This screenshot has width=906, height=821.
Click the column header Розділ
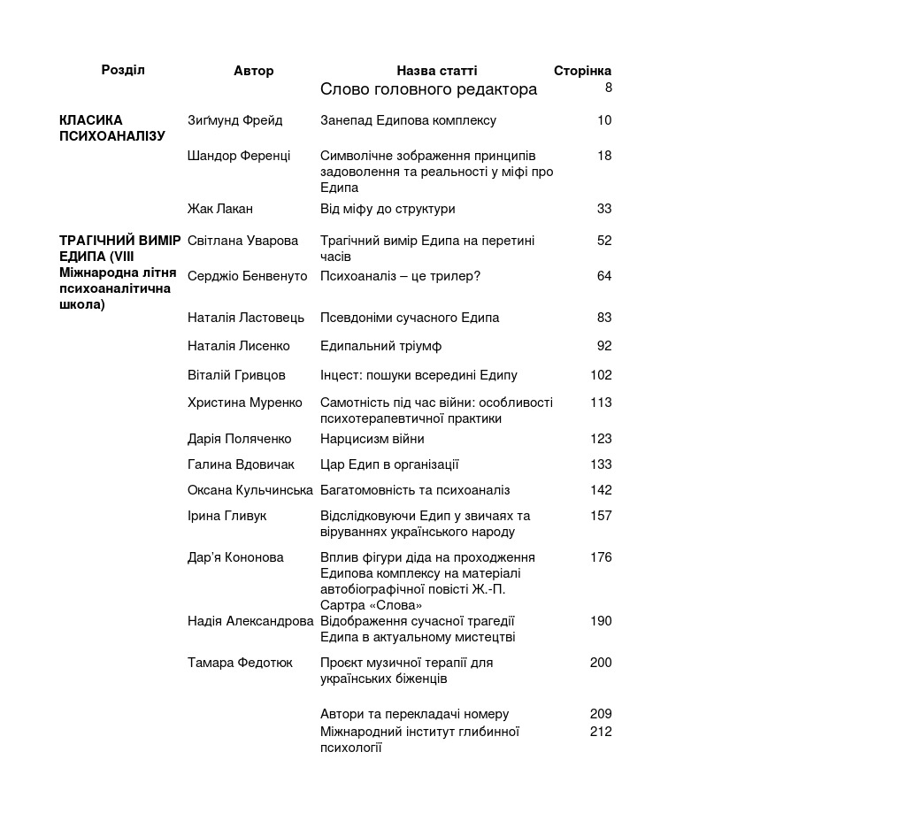[x=123, y=70]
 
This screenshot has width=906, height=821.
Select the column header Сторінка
[x=582, y=71]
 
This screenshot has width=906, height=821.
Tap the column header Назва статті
[x=436, y=71]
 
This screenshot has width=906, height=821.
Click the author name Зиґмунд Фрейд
[x=235, y=120]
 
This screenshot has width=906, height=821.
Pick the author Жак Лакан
[x=220, y=209]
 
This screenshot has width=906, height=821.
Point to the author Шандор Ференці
[x=239, y=156]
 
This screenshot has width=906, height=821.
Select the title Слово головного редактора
[x=428, y=89]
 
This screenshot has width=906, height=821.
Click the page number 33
[x=604, y=209]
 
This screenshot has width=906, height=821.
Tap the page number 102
[x=601, y=375]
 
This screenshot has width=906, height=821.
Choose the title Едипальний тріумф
[x=380, y=346]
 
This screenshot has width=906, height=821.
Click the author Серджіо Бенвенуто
[x=248, y=276]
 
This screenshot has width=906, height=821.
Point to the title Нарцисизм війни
[x=372, y=439]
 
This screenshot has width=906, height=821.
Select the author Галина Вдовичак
[x=241, y=464]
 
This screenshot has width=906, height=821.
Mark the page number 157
[x=601, y=516]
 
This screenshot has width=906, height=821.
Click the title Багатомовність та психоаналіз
[x=415, y=490]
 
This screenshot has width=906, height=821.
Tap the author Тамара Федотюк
[x=240, y=663]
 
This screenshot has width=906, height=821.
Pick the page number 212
[x=601, y=732]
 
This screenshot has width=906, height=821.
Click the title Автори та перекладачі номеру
[x=414, y=714]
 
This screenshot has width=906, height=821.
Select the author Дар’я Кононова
[x=235, y=557]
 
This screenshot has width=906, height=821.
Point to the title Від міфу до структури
[x=388, y=209]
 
